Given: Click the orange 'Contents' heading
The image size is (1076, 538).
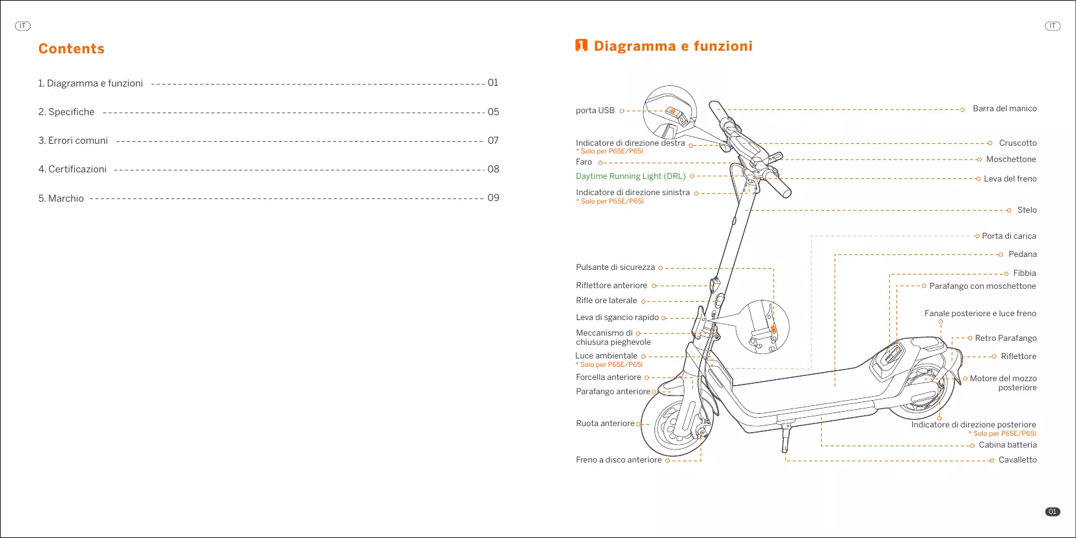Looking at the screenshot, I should click(72, 49).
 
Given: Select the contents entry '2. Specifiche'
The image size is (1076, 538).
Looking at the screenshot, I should click(66, 112).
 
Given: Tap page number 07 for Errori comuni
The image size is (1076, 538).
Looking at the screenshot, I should click(493, 141).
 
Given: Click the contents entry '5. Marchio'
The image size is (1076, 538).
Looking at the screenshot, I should click(61, 198).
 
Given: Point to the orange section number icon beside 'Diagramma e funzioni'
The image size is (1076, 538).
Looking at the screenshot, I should click(581, 46).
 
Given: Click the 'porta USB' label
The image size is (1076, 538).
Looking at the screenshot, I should click(595, 111).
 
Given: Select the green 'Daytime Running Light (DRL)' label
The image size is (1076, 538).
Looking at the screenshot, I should click(630, 176).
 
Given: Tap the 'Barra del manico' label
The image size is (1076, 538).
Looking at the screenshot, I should click(1004, 109).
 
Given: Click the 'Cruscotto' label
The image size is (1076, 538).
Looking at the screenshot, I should click(1017, 143).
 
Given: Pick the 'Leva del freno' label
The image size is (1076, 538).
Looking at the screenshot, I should click(1010, 179).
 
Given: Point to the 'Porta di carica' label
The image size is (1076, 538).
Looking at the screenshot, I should click(1008, 236).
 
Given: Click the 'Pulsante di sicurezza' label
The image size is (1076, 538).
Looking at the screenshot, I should click(615, 267).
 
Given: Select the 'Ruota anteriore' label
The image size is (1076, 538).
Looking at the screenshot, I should click(605, 424).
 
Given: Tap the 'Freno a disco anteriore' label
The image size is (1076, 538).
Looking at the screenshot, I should click(619, 460).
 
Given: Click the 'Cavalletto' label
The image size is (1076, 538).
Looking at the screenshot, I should click(1017, 460).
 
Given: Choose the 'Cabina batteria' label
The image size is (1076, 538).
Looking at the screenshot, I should click(1008, 445).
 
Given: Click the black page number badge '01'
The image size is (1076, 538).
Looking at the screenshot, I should click(1052, 512).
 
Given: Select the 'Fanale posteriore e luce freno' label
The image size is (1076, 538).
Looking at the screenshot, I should click(980, 314).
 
